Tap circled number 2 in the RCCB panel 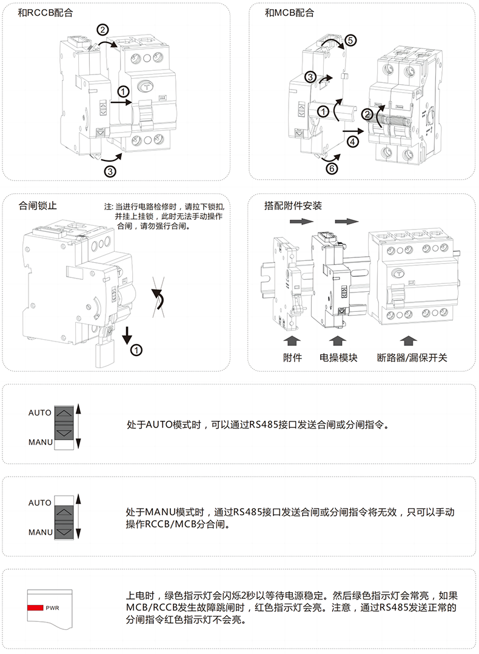click(103, 30)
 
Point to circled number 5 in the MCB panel click(350, 41)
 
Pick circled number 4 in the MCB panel click(353, 141)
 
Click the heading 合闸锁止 click(38, 205)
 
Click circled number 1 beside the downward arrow click(137, 349)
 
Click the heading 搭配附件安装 click(293, 205)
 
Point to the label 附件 click(292, 358)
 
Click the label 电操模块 click(338, 358)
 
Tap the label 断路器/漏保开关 click(412, 358)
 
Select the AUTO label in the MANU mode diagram click(40, 503)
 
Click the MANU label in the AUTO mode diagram click(41, 442)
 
